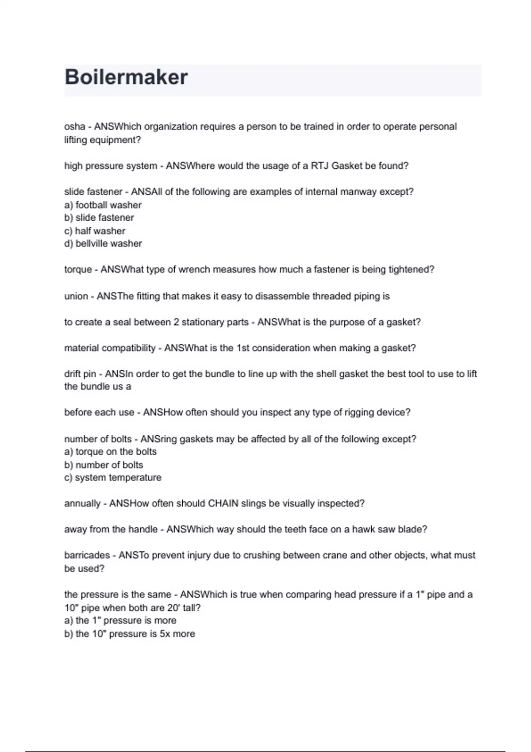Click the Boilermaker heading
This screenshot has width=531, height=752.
click(126, 77)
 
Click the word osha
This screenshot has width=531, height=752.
click(74, 127)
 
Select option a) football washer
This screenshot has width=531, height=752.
click(103, 205)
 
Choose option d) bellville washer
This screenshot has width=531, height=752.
click(103, 243)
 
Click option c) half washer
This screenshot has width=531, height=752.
click(95, 231)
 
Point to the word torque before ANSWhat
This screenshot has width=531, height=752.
click(78, 269)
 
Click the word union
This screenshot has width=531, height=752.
click(76, 296)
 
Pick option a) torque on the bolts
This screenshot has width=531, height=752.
click(111, 452)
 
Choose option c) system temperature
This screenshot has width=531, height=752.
click(113, 478)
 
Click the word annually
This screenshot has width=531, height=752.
click(82, 503)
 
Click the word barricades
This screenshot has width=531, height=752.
click(87, 555)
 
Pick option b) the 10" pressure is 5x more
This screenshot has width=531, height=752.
click(130, 634)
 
